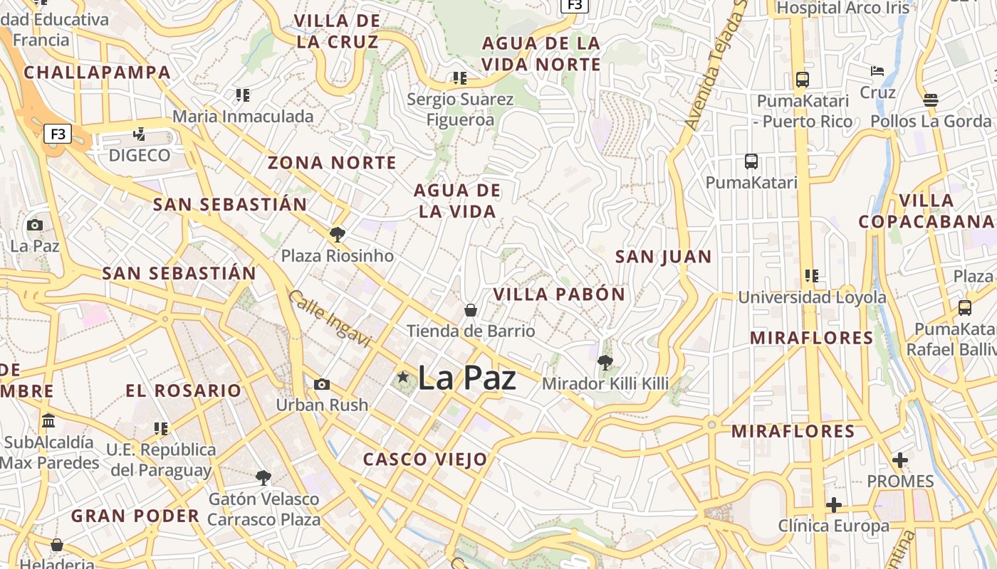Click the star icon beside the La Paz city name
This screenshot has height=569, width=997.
(x=403, y=376)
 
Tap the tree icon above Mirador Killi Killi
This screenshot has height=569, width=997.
(x=605, y=363)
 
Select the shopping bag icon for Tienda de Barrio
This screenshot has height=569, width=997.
(x=470, y=310)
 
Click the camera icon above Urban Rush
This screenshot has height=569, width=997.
(x=322, y=384)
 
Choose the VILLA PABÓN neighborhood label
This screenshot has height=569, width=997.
(x=559, y=294)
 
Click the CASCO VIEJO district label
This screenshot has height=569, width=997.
(x=425, y=459)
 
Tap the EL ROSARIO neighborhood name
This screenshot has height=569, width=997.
(x=184, y=390)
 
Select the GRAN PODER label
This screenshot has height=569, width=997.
(x=135, y=516)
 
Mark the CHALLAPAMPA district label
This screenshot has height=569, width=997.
(x=98, y=73)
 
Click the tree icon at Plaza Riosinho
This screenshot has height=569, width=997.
(x=337, y=235)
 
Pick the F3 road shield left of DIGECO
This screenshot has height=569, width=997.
(x=58, y=134)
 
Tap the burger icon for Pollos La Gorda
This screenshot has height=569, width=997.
(x=930, y=100)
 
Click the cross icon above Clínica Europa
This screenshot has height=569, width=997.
(x=833, y=505)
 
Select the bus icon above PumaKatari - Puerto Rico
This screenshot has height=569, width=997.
(x=803, y=79)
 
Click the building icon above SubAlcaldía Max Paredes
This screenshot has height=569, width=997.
(x=48, y=420)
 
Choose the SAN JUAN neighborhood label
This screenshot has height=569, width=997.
(x=663, y=257)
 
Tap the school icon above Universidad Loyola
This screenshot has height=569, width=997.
(x=811, y=275)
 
